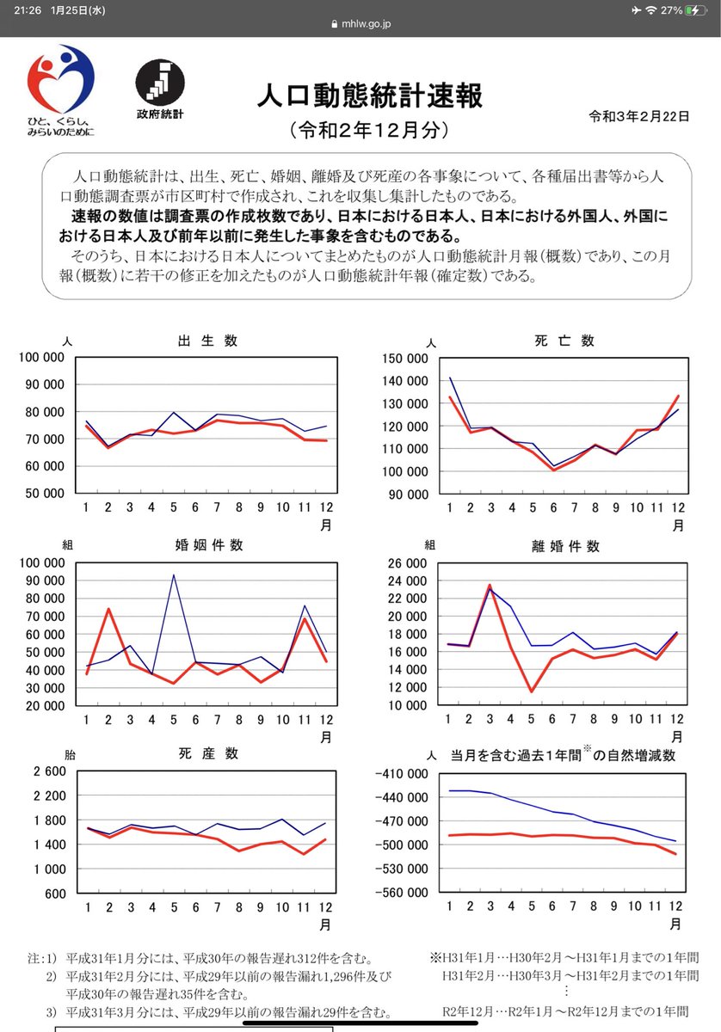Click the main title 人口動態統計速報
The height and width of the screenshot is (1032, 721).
pyautogui.click(x=370, y=95)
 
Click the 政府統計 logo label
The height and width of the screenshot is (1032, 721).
pyautogui.click(x=159, y=114)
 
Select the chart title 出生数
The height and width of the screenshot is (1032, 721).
pyautogui.click(x=206, y=341)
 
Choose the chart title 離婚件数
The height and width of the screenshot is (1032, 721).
pyautogui.click(x=566, y=546)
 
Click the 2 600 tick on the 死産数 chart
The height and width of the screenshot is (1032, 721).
pyautogui.click(x=48, y=771)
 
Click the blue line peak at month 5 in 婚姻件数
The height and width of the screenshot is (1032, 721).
pyautogui.click(x=174, y=575)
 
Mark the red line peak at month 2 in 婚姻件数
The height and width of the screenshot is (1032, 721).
pyautogui.click(x=109, y=609)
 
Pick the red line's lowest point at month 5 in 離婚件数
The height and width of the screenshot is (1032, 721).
pyautogui.click(x=532, y=691)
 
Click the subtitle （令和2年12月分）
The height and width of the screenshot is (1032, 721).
pyautogui.click(x=369, y=131)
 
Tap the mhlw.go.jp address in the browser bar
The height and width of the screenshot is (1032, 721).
pyautogui.click(x=366, y=25)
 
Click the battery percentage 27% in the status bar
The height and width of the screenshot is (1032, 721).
pyautogui.click(x=672, y=9)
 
